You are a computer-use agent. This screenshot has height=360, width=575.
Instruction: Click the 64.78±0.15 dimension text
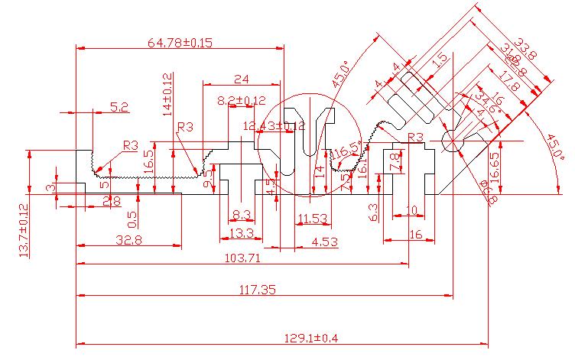179,43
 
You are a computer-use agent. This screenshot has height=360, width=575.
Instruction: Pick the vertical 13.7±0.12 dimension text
23,229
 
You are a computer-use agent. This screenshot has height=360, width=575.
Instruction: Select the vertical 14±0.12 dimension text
168,95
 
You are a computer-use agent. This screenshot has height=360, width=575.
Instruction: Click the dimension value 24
242,79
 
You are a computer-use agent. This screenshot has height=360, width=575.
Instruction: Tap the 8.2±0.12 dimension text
241,100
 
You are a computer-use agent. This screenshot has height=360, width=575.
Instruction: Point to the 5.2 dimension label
119,107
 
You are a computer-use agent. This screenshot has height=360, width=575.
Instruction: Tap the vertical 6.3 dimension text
374,212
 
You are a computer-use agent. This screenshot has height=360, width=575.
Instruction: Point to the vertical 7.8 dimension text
395,162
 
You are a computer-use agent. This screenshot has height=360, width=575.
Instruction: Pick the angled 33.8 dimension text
528,49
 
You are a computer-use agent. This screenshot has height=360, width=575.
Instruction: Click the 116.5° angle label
344,153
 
